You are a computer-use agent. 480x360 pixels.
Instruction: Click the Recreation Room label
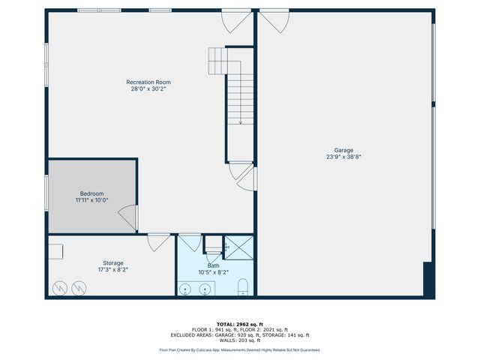point(148,82)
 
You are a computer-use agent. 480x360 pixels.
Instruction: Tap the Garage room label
point(344,150)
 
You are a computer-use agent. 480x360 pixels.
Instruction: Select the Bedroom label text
point(91,193)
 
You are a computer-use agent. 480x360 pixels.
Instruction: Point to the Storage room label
point(112,262)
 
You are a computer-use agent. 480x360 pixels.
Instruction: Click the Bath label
point(214,265)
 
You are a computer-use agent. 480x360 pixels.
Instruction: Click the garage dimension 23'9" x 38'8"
point(344,157)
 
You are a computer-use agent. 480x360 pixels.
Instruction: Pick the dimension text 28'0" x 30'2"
point(148,88)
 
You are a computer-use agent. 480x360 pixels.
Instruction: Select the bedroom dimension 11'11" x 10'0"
point(91,200)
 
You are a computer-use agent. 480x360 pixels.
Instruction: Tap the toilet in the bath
point(242,286)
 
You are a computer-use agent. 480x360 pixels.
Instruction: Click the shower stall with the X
point(238,246)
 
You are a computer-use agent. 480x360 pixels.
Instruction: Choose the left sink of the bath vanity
point(186,289)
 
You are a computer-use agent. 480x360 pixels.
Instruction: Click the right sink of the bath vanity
point(204,289)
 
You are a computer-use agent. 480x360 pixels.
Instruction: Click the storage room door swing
point(157,242)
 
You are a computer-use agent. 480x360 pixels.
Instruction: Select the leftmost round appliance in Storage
point(58,287)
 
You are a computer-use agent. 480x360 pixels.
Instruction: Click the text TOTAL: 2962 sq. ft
point(239,324)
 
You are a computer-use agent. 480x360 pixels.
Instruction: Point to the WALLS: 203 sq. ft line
point(239,340)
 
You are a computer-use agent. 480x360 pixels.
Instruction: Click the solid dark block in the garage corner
point(429,279)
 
